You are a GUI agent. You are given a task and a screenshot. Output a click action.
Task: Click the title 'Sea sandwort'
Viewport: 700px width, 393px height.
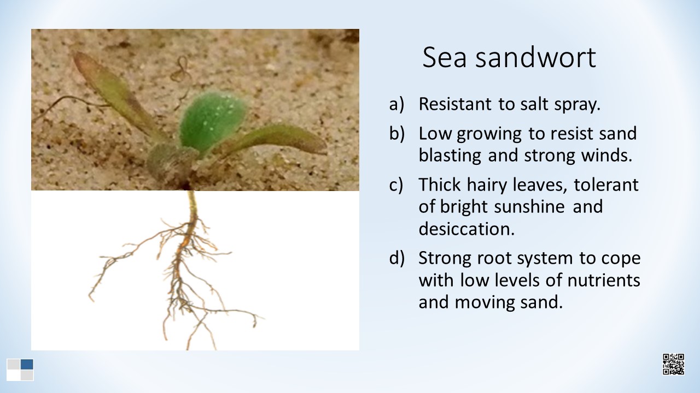pyautogui.click(x=509, y=57)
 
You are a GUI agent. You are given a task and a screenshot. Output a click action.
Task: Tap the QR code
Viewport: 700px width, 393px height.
pyautogui.click(x=673, y=364)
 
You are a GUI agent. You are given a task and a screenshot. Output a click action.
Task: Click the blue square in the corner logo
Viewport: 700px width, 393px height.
pyautogui.click(x=27, y=364)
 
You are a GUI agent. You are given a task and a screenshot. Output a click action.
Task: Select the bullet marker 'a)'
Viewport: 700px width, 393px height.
pyautogui.click(x=396, y=104)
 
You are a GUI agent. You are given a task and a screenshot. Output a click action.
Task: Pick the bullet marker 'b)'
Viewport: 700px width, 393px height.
pyautogui.click(x=397, y=133)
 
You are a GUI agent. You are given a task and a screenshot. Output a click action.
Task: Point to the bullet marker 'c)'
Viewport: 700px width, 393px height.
pyautogui.click(x=396, y=184)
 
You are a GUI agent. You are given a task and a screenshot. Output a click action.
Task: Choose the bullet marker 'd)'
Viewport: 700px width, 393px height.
pyautogui.click(x=397, y=258)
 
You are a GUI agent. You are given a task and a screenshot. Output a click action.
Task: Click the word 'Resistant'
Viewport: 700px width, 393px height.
pyautogui.click(x=454, y=104)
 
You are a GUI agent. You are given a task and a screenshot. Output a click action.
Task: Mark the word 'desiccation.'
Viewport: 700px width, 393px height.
pyautogui.click(x=466, y=229)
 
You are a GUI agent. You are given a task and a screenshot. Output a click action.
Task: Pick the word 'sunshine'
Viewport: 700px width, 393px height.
pyautogui.click(x=529, y=206)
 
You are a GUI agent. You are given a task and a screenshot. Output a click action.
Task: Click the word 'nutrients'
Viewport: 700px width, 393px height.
pyautogui.click(x=604, y=280)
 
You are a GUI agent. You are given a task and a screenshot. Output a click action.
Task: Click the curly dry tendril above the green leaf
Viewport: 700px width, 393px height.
pyautogui.click(x=181, y=80)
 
